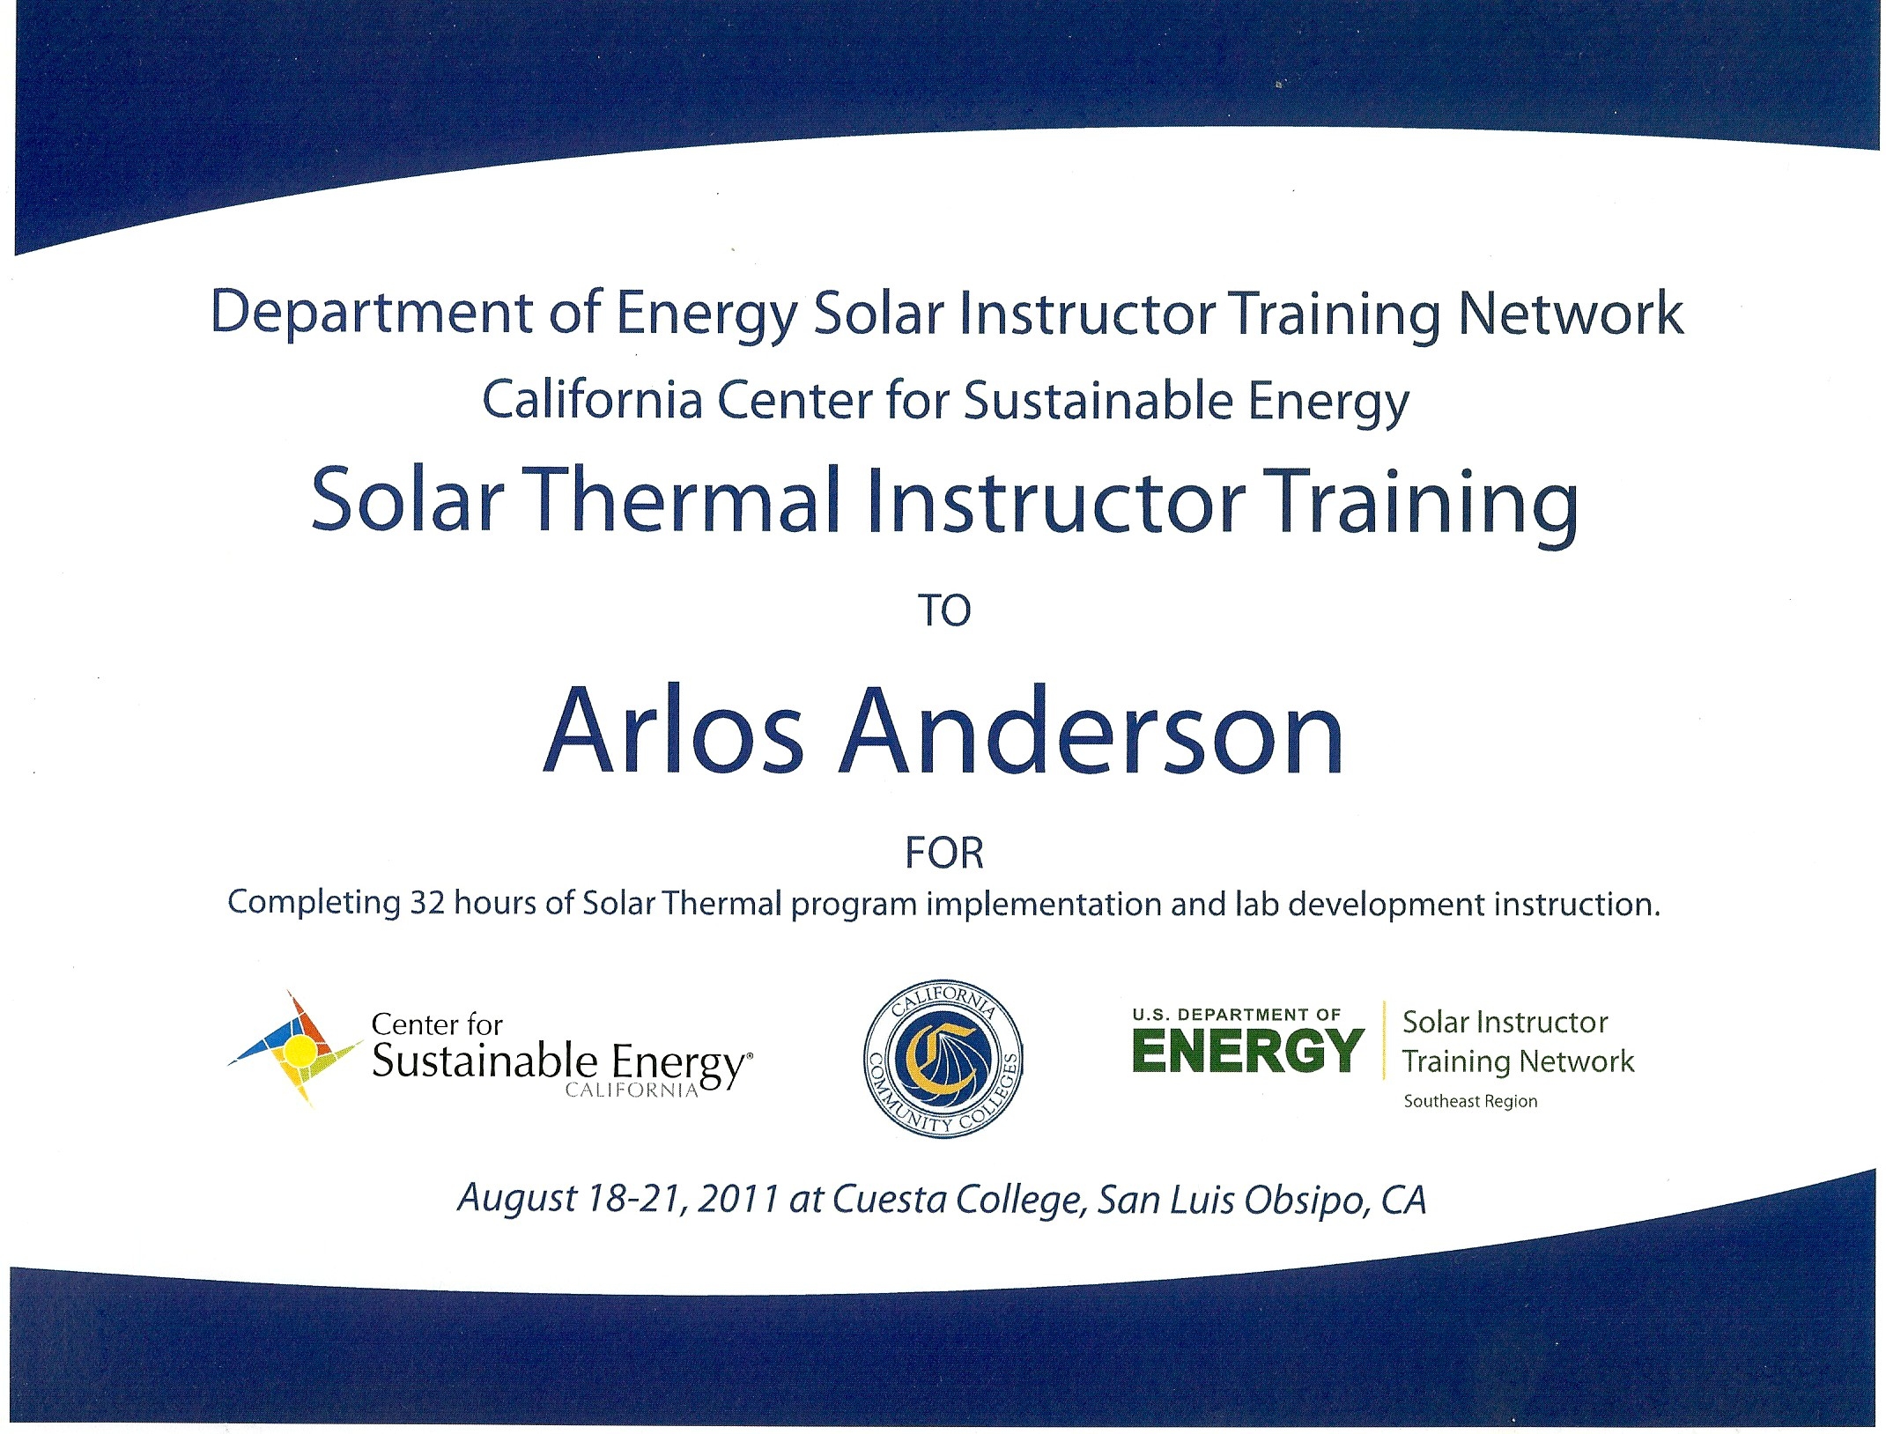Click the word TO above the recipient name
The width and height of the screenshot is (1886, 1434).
pos(944,610)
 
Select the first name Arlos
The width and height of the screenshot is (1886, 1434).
pos(674,730)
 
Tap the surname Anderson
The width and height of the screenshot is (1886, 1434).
pos(1091,730)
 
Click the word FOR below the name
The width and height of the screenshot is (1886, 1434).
pos(944,853)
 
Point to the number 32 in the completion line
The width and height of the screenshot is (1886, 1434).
pos(427,903)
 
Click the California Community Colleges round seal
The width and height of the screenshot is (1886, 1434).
pos(943,1058)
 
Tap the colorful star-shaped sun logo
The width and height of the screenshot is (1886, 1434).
pos(296,1048)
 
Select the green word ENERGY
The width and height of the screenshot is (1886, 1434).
pos(1248,1052)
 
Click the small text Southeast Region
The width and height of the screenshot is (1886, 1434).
pos(1470,1101)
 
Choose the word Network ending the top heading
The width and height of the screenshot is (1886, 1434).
pos(1571,313)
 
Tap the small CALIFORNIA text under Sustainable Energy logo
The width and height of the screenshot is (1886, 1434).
pos(632,1090)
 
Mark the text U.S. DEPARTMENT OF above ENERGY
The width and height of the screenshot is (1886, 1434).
pos(1237,1015)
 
